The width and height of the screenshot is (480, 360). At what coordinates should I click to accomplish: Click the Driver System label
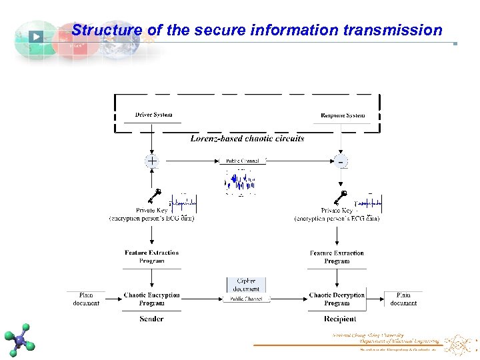(153, 115)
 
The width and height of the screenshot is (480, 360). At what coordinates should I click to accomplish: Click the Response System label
(343, 115)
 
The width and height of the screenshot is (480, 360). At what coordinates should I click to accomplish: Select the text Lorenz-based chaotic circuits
(247, 139)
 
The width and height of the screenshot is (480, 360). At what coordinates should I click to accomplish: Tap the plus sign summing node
(152, 161)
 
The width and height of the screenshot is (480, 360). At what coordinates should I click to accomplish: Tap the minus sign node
(341, 161)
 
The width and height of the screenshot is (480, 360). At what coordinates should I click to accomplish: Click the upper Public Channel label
(243, 161)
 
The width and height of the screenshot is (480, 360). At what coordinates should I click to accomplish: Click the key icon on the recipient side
(341, 197)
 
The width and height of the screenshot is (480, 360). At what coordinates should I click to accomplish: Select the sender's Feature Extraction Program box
(151, 257)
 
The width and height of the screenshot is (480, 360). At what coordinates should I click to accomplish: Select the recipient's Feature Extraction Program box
(337, 257)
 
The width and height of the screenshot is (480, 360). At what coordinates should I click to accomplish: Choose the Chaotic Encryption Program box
(151, 299)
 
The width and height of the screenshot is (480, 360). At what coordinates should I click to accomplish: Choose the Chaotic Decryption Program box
(337, 299)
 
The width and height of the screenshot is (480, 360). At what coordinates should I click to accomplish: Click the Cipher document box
(246, 285)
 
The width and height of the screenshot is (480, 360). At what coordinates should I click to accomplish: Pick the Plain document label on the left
(86, 299)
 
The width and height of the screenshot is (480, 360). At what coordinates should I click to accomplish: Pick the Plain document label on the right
(403, 299)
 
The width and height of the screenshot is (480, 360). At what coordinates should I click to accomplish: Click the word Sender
(151, 319)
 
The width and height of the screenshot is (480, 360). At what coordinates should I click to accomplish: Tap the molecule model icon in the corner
(21, 339)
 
